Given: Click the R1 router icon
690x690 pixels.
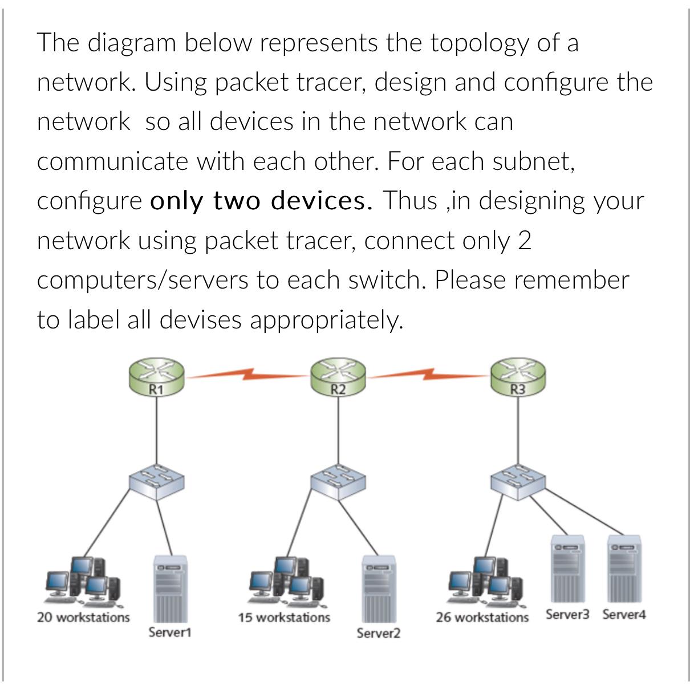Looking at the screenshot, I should [x=156, y=376].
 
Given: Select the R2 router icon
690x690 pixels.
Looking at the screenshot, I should [x=338, y=376].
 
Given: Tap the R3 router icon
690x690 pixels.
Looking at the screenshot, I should [x=518, y=376].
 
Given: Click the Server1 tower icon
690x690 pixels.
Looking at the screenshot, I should [x=170, y=589].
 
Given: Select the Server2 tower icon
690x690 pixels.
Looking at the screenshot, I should [x=378, y=589].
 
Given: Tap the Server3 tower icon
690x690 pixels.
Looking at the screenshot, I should [x=567, y=569].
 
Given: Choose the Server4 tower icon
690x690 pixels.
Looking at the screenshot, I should [x=624, y=569].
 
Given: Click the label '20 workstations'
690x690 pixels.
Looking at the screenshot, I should [x=83, y=618].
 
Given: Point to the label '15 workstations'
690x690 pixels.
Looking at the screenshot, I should [x=284, y=618].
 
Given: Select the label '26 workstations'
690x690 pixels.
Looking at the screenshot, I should [x=482, y=618].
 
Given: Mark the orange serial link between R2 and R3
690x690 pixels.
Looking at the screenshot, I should [x=428, y=375].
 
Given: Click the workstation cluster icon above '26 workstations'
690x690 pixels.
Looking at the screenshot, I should [x=485, y=580].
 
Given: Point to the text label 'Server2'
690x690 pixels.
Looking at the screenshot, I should [x=379, y=633].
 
